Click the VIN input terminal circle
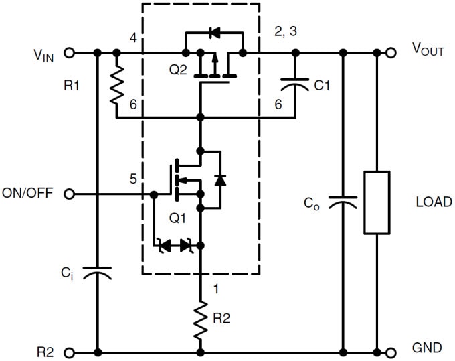tap(70, 52)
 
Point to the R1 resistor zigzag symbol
tap(116, 85)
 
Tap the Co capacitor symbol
tap(343, 202)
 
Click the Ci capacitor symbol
tap(98, 272)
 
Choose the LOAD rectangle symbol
tap(377, 202)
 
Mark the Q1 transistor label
tap(177, 218)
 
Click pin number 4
tap(133, 38)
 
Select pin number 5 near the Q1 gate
tap(133, 179)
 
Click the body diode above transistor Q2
tap(214, 31)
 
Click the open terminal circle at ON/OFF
tap(70, 194)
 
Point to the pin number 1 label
tap(214, 289)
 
